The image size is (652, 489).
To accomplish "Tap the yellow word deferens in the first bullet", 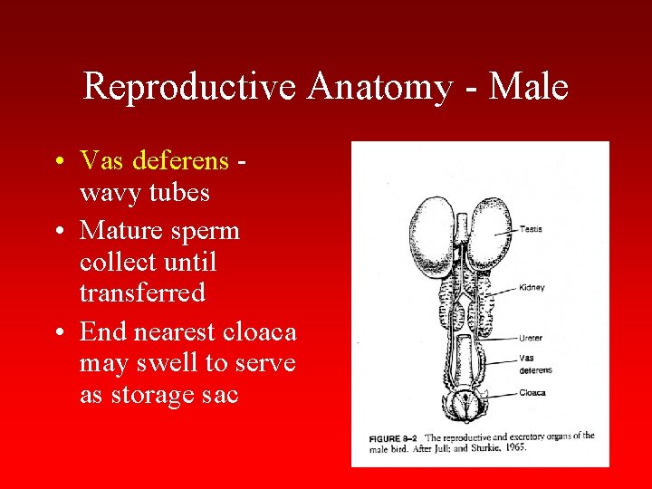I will click(x=180, y=161).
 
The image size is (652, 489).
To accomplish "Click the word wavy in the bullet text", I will click(x=105, y=193).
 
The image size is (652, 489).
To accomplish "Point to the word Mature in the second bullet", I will click(x=114, y=230).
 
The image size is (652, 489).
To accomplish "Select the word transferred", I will click(x=142, y=293).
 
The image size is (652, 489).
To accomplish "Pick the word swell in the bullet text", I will click(x=177, y=363).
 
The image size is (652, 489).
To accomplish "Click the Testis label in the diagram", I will click(x=532, y=229).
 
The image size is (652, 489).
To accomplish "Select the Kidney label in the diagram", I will click(x=532, y=288).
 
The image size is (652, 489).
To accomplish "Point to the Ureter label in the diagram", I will click(x=532, y=338).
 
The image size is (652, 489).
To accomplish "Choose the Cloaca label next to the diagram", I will click(x=532, y=393).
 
